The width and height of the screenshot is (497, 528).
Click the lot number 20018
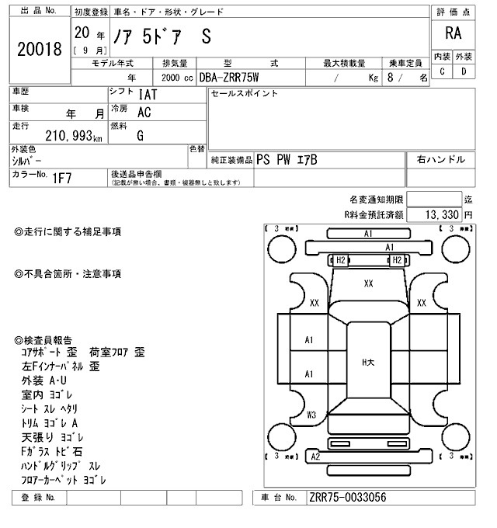(39, 50)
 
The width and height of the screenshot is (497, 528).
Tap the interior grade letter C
(442, 72)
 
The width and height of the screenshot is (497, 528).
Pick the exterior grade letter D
(464, 72)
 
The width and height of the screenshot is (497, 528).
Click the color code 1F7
(62, 178)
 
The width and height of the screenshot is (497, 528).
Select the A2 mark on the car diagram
(315, 457)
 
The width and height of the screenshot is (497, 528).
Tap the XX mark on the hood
(368, 284)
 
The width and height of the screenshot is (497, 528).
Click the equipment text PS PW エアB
(287, 159)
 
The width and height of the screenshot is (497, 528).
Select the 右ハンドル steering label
(441, 159)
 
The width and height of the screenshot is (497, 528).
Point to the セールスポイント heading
(245, 94)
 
